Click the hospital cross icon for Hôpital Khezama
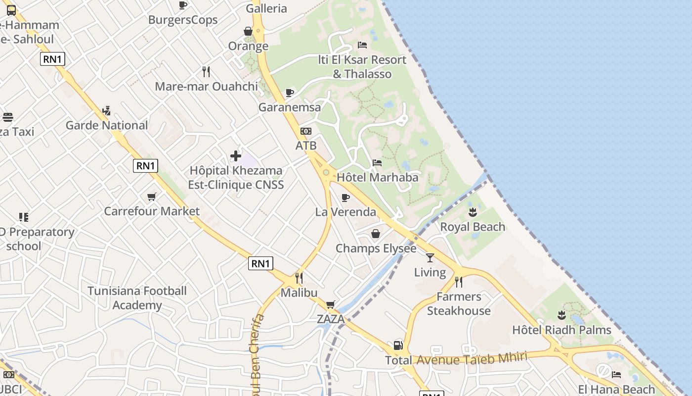(x=236, y=156)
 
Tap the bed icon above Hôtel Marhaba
(x=377, y=163)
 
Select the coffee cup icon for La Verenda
(x=346, y=198)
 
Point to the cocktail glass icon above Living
(x=430, y=258)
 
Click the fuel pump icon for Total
(x=398, y=346)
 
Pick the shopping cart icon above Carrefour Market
(x=152, y=197)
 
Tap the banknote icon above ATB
(x=306, y=131)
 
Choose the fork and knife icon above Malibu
(x=299, y=278)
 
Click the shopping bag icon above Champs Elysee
(x=376, y=234)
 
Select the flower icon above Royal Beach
(x=473, y=213)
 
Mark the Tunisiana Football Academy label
(x=137, y=298)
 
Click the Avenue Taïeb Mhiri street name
(x=472, y=358)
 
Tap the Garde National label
(x=107, y=125)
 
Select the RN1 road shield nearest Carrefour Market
(x=146, y=166)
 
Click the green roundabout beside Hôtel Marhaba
(x=326, y=172)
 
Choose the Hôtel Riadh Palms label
(x=562, y=330)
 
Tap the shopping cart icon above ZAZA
(x=330, y=304)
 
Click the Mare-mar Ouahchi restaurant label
(x=206, y=86)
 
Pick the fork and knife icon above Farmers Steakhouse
(x=459, y=282)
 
